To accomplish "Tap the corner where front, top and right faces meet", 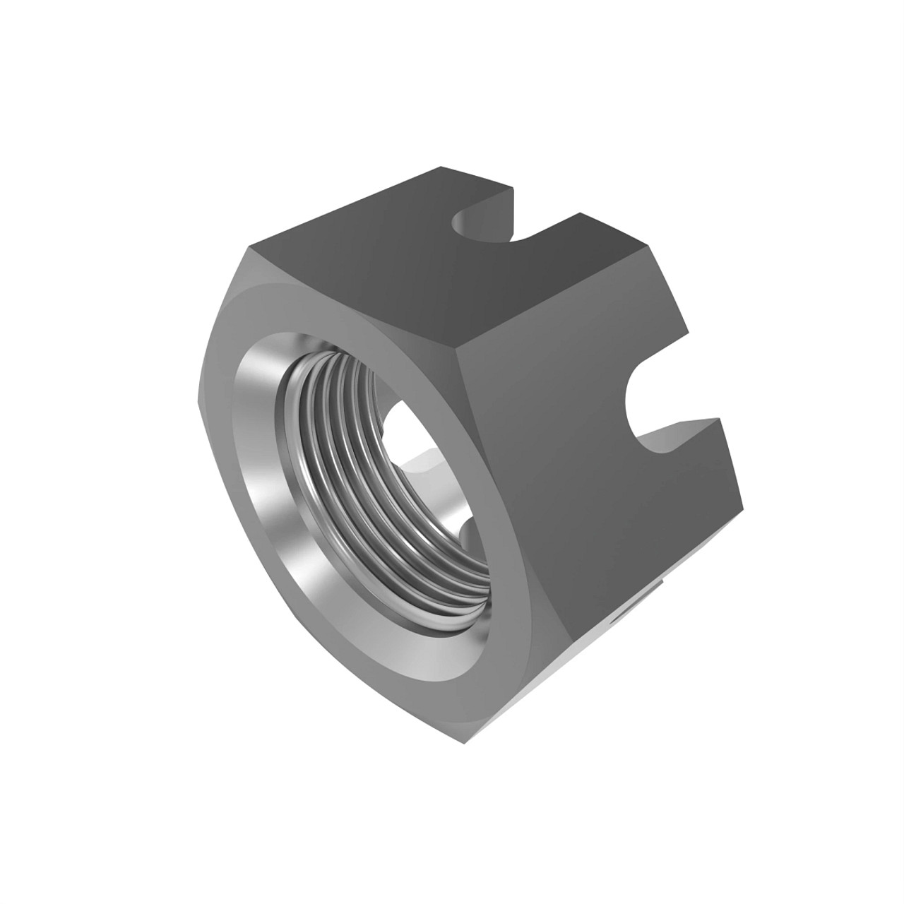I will (x=456, y=353).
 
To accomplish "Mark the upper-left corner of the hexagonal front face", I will (x=247, y=247).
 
